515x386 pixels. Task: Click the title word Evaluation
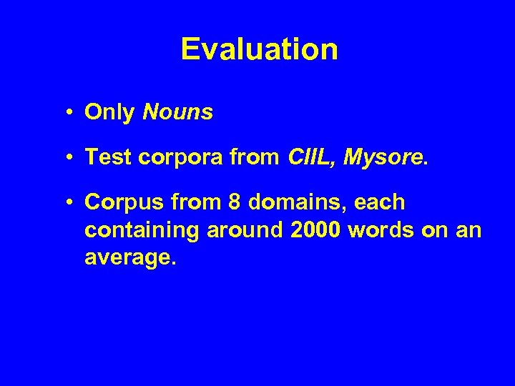259,49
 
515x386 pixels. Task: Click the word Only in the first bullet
109,112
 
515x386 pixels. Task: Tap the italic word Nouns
177,112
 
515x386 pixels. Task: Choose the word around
234,232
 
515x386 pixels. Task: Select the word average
127,258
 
